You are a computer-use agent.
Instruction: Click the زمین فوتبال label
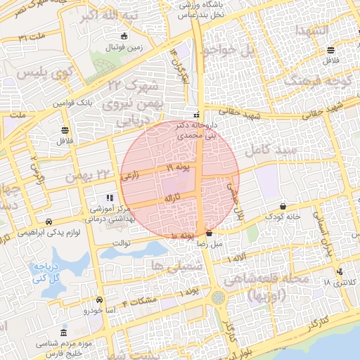[x=124, y=49]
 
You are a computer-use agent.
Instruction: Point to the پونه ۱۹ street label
[x=179, y=168]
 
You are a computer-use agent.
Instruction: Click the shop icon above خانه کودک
[x=283, y=207]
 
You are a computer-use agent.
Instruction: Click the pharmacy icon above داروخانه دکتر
[x=196, y=115]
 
